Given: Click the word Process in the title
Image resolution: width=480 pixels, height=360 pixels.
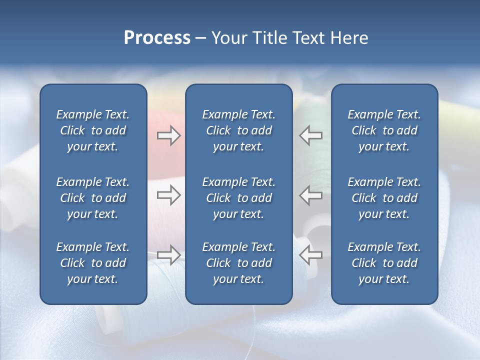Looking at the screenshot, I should click(x=157, y=38).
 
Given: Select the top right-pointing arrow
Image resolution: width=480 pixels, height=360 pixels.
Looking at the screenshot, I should click(x=169, y=135).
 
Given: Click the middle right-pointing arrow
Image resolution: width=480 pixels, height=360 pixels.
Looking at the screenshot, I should click(x=169, y=195).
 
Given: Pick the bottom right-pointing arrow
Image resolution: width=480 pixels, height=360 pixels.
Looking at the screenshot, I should click(x=169, y=254).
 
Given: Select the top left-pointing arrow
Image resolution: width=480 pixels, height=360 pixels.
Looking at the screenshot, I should click(x=310, y=135).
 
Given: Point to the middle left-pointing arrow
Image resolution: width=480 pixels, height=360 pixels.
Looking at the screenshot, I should click(x=310, y=195).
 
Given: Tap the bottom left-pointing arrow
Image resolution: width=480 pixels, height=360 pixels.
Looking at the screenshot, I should click(x=310, y=254).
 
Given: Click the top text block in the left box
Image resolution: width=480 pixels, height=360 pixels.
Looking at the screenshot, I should click(x=93, y=130).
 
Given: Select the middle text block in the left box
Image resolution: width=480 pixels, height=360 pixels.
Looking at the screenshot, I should click(x=93, y=198).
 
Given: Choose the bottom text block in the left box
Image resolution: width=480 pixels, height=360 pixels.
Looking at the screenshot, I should click(x=93, y=263).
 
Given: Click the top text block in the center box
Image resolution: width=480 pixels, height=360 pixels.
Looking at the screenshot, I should click(x=238, y=130).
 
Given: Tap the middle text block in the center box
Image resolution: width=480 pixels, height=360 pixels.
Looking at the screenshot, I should click(x=238, y=198).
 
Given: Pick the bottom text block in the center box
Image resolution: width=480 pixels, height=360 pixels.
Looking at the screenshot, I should click(x=238, y=263).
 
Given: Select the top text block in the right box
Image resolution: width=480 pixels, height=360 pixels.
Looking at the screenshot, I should click(x=384, y=130).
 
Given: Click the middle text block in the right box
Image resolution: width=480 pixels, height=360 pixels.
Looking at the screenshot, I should click(x=384, y=198).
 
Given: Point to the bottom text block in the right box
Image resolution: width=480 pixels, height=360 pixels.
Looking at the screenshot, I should click(x=384, y=263).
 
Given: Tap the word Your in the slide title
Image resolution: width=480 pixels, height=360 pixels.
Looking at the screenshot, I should click(x=228, y=38).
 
